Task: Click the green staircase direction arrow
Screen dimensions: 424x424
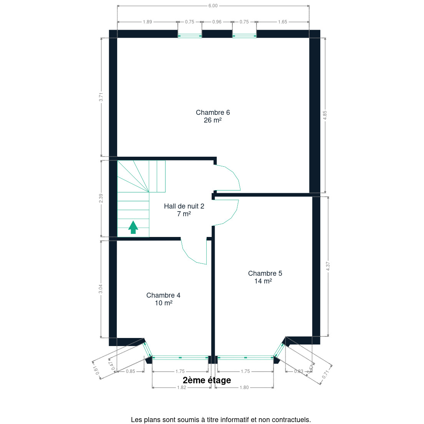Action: pyautogui.click(x=133, y=227)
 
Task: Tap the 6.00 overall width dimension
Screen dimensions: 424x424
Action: pyautogui.click(x=213, y=6)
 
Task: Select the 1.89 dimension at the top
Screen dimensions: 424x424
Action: pyautogui.click(x=147, y=22)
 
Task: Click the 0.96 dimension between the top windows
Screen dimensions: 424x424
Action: pyautogui.click(x=217, y=22)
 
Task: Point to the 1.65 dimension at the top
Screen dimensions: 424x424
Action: pyautogui.click(x=283, y=22)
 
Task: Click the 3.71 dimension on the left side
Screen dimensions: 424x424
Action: pyautogui.click(x=101, y=97)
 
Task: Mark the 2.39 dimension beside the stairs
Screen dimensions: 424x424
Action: pyautogui.click(x=101, y=198)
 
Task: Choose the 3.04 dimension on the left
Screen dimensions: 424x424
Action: pyautogui.click(x=101, y=289)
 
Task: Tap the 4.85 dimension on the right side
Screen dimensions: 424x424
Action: pyautogui.click(x=325, y=115)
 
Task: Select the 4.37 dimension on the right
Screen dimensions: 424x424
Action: pyautogui.click(x=328, y=267)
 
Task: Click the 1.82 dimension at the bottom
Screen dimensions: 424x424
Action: pyautogui.click(x=182, y=388)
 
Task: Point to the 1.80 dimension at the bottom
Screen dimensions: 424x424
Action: pyautogui.click(x=244, y=388)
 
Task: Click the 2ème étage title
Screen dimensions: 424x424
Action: pyautogui.click(x=207, y=380)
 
